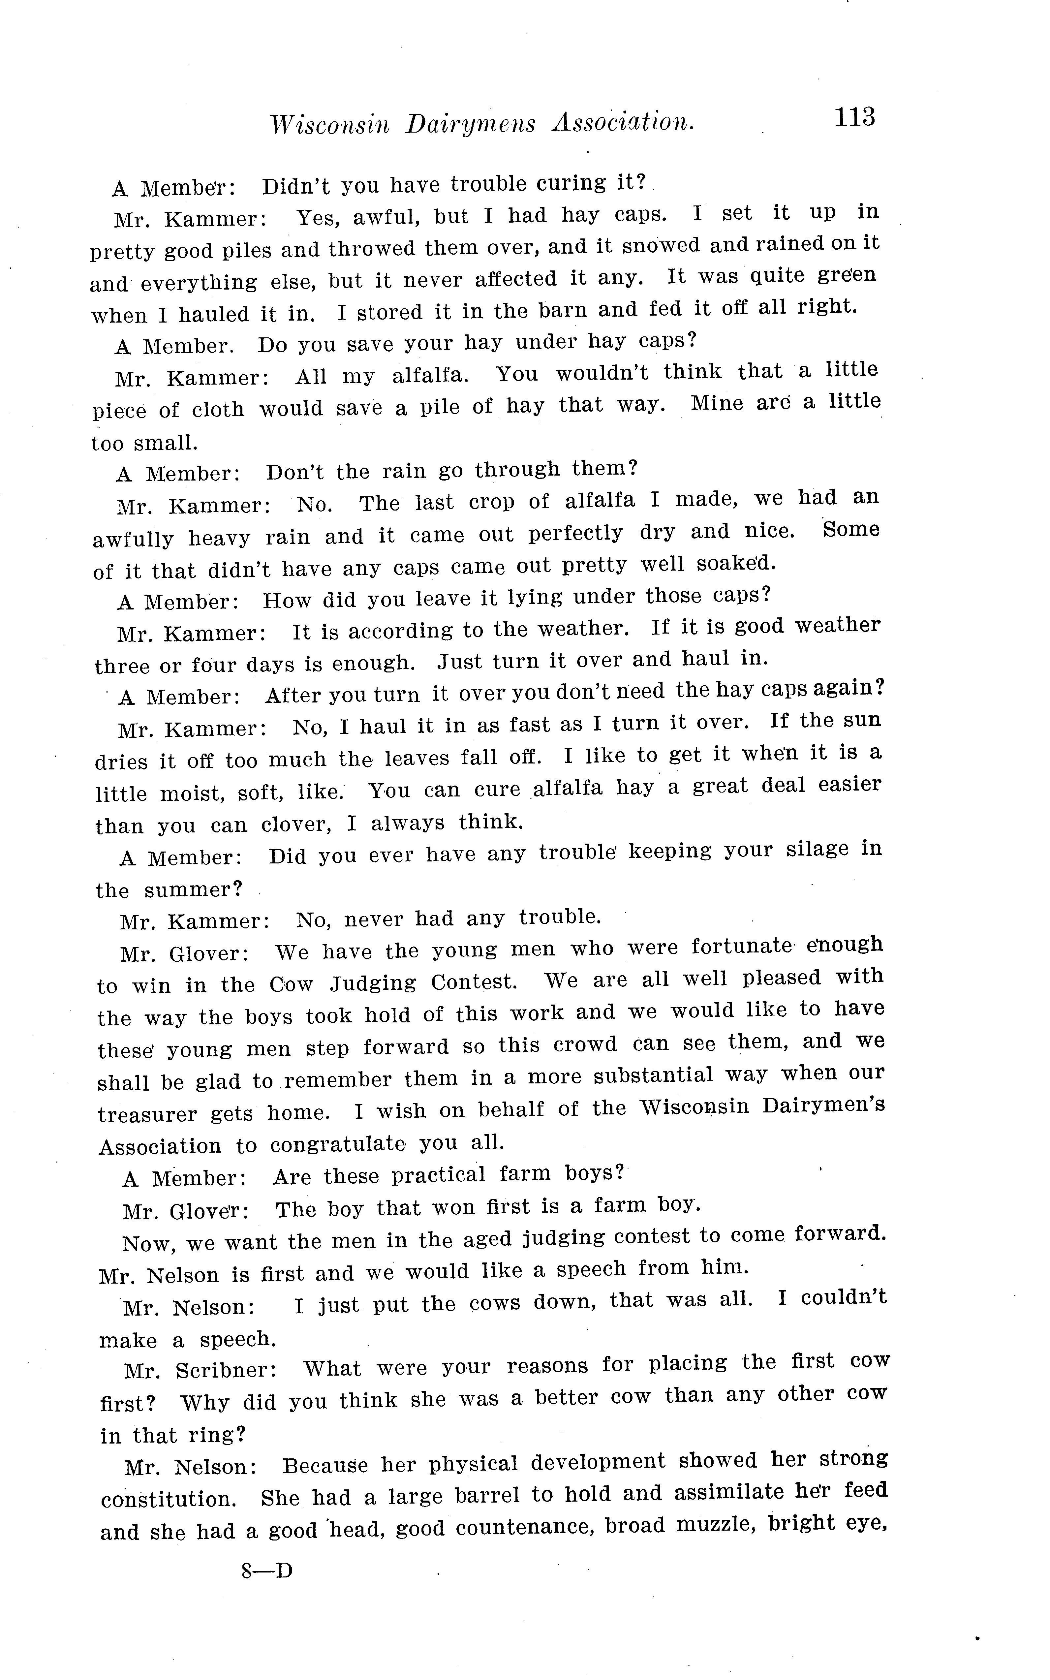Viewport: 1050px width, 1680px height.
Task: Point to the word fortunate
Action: (x=741, y=947)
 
